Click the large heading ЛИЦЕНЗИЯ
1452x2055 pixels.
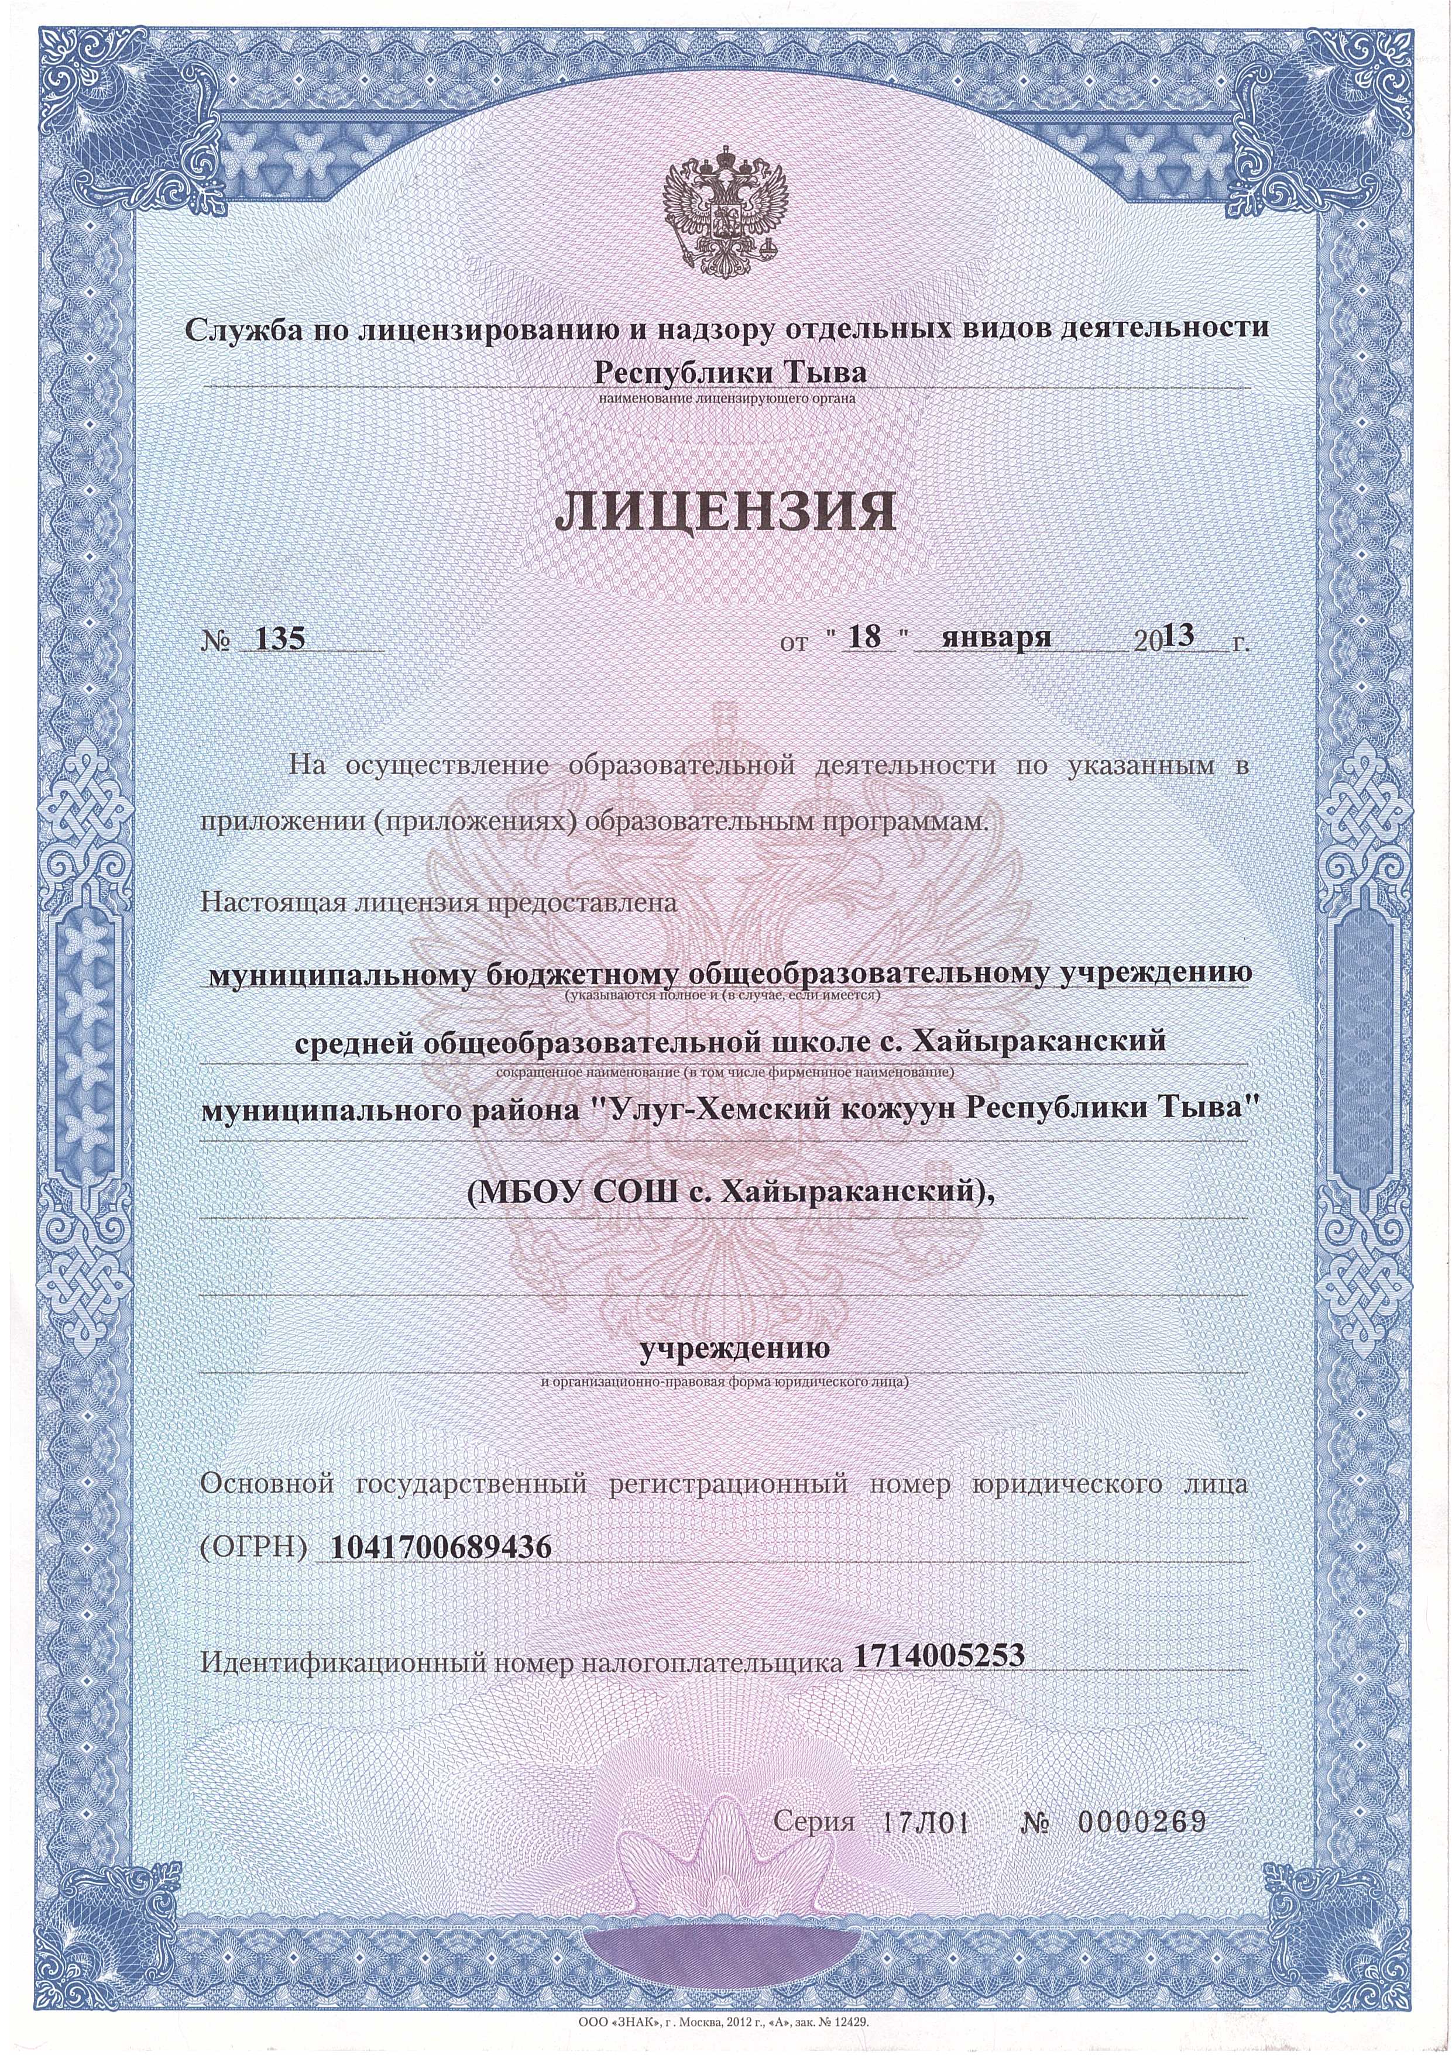(x=725, y=513)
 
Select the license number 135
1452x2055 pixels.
(x=280, y=639)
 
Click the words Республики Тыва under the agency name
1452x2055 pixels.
(x=725, y=370)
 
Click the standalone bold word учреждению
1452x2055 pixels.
(x=725, y=1371)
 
